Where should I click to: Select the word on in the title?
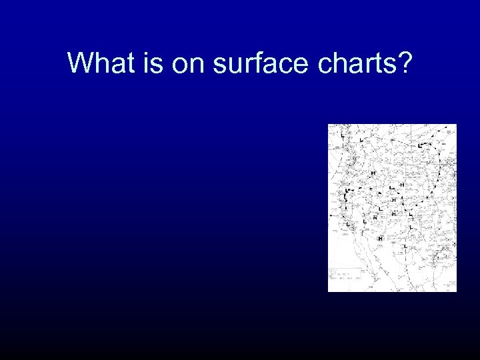click(189, 63)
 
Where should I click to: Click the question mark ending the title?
click(405, 63)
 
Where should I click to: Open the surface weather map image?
click(392, 208)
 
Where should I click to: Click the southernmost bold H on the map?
click(379, 238)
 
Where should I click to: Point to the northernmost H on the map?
click(373, 173)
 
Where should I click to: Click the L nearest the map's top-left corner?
click(342, 136)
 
